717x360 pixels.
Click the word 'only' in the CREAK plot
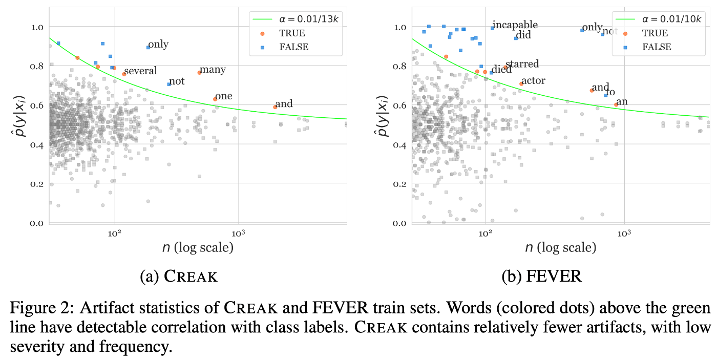[x=158, y=45]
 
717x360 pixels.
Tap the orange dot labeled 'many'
[x=199, y=73]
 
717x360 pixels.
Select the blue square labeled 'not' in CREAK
[x=169, y=84]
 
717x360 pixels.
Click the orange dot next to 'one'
[x=215, y=99]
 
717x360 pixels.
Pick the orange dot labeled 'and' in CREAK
[x=275, y=107]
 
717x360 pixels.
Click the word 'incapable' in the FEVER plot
[x=515, y=25]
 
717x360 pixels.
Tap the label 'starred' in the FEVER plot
[x=522, y=64]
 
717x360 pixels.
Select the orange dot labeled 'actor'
[x=521, y=83]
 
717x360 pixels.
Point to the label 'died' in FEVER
[x=501, y=70]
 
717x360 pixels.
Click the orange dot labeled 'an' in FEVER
[x=616, y=104]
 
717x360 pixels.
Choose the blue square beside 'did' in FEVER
[x=516, y=38]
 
